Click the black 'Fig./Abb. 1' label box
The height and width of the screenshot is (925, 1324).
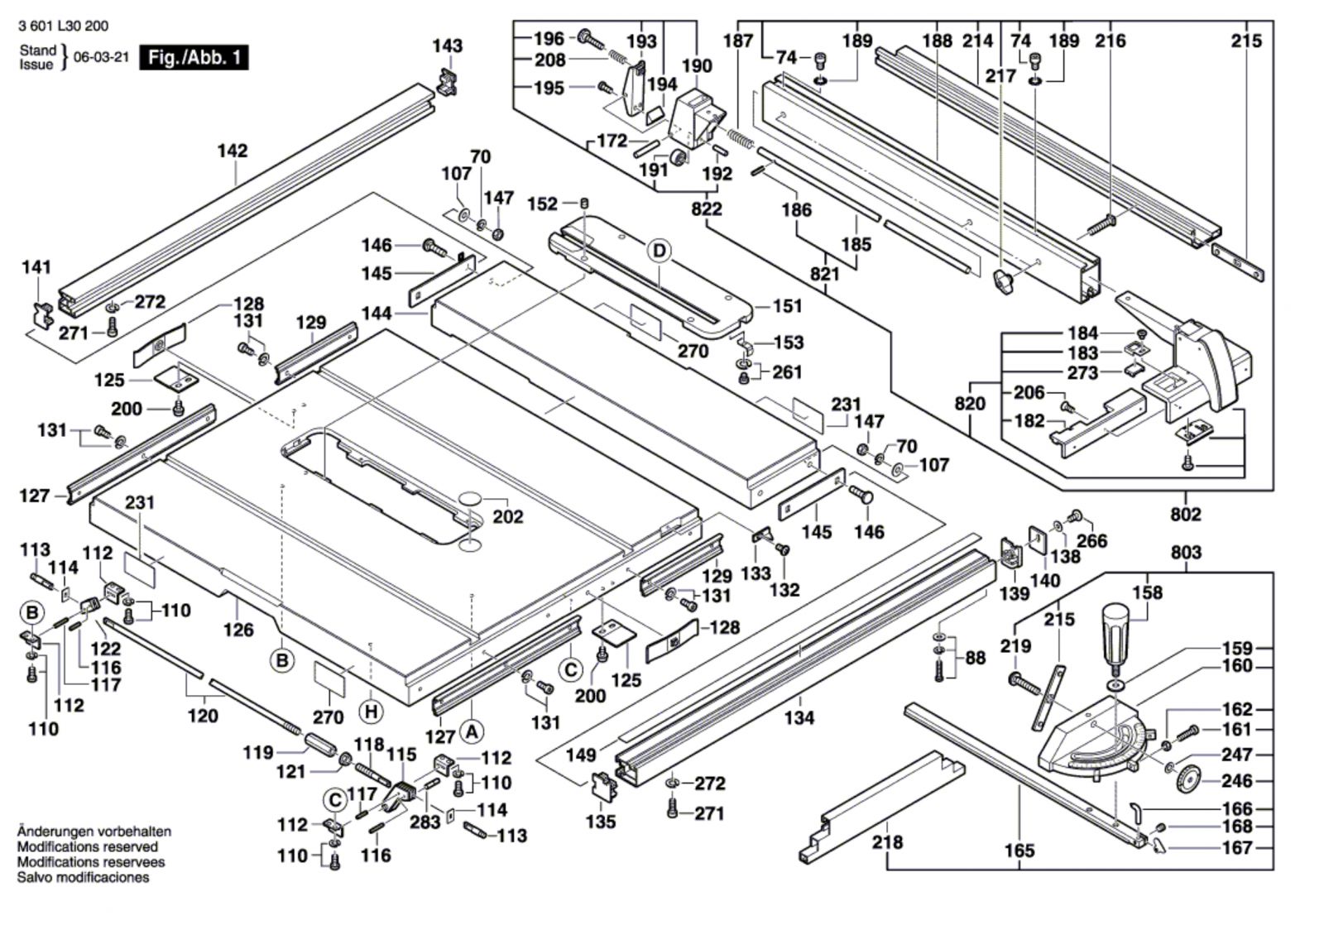point(194,58)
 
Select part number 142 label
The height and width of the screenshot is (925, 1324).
point(233,151)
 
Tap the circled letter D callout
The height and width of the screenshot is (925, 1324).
point(659,251)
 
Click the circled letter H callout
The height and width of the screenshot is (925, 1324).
point(372,712)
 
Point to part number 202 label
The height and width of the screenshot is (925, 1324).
point(507,516)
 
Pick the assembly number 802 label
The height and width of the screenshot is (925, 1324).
point(1185,515)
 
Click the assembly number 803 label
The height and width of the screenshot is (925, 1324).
point(1186,553)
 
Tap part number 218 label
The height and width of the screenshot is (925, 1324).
point(887,842)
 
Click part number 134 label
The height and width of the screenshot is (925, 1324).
point(799,717)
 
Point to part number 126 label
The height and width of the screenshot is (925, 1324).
point(238,630)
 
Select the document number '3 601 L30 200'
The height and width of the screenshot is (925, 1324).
point(63,26)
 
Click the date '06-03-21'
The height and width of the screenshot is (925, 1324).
point(101,58)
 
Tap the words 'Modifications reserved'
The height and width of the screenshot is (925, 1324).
point(88,846)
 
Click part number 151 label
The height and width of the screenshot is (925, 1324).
point(787,306)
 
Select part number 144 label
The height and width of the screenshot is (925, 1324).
point(377,314)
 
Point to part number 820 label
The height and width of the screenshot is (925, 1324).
point(970,403)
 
